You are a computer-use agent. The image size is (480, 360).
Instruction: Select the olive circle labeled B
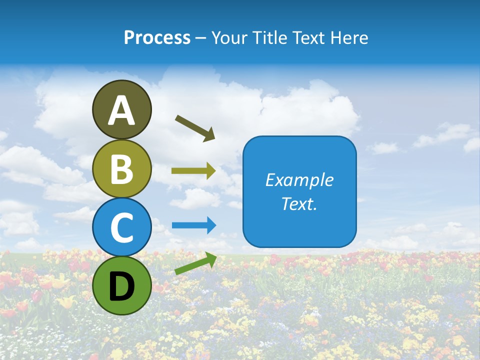121,168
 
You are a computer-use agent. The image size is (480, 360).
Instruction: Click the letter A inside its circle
121,110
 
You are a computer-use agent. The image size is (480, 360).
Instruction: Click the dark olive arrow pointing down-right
195,127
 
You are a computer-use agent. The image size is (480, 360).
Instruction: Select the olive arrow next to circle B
193,171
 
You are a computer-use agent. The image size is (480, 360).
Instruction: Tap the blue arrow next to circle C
194,225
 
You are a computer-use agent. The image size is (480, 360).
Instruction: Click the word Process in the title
157,37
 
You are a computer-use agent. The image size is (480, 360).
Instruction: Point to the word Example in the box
299,180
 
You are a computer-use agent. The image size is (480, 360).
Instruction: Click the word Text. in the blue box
299,203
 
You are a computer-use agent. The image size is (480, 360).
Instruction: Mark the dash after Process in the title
200,38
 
